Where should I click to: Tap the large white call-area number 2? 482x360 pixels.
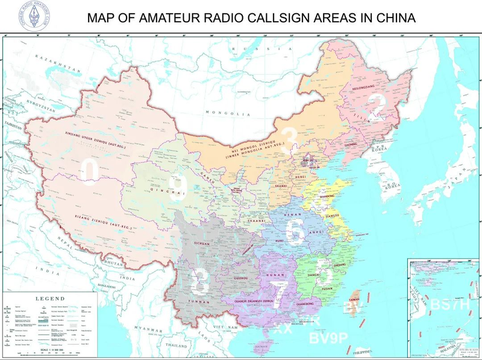(x=377, y=104)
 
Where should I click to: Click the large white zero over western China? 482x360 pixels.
(x=91, y=171)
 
